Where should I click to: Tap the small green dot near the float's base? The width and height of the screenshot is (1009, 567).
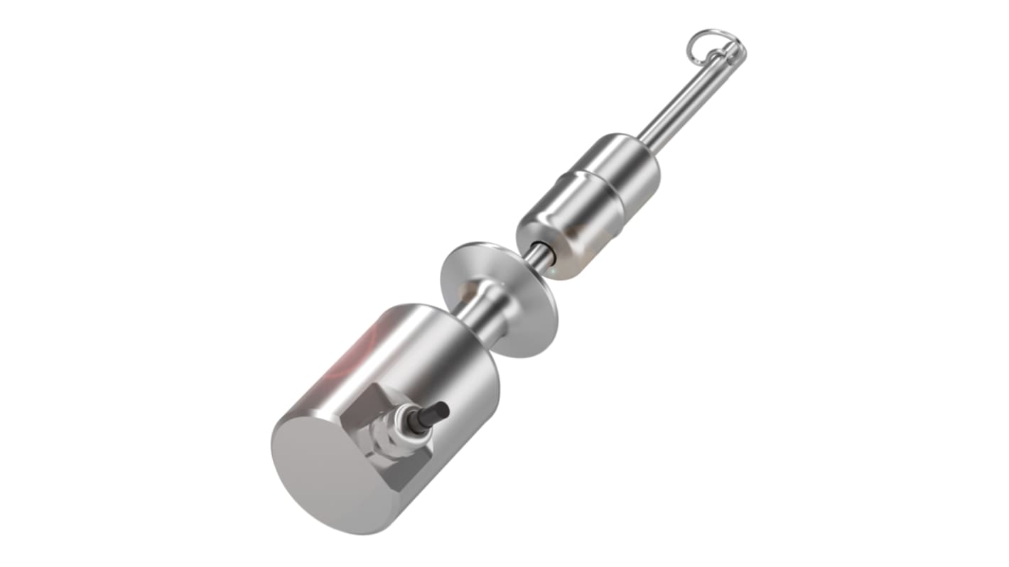click(x=552, y=270)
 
